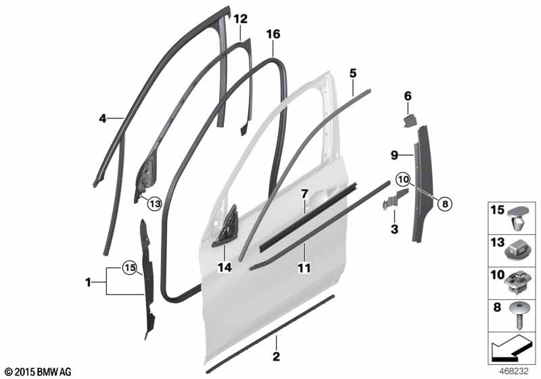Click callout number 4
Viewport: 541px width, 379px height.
102,118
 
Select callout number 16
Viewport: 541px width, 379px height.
273,34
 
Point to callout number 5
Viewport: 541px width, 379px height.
352,72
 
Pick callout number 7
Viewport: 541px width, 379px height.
305,194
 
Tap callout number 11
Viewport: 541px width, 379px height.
304,269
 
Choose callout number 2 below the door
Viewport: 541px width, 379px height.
276,356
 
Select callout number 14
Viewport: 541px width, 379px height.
225,268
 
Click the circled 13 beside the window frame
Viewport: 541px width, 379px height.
154,202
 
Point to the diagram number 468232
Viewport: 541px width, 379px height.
515,372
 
